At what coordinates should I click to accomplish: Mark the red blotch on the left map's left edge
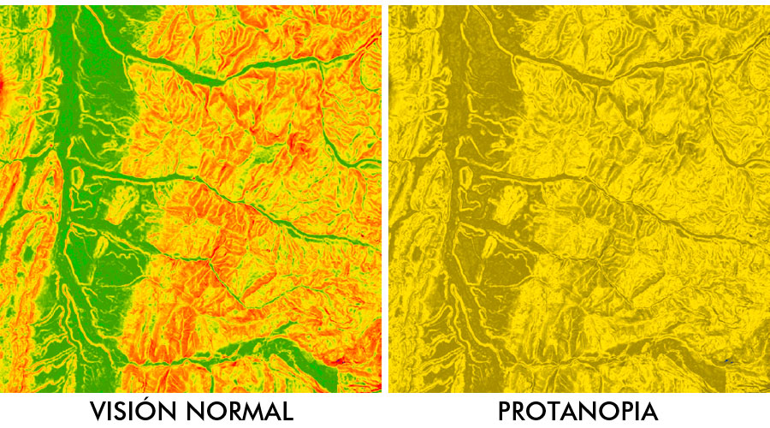pyautogui.click(x=3, y=86)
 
